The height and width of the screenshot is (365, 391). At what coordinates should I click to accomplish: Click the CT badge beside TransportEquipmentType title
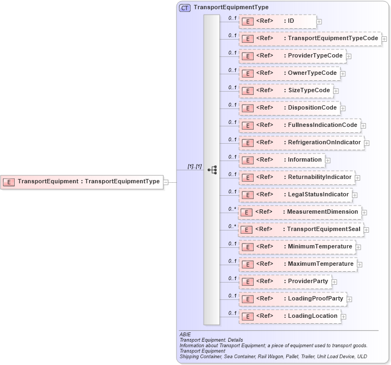(185, 8)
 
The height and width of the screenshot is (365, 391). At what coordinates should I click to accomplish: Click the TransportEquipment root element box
(81, 182)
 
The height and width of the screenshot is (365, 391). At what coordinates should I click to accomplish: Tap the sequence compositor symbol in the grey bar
(212, 170)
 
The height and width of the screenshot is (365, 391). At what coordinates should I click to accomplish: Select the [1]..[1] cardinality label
(194, 167)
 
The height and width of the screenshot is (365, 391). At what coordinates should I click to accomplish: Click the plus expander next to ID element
(319, 22)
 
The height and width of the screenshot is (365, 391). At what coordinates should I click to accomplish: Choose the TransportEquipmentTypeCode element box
(310, 39)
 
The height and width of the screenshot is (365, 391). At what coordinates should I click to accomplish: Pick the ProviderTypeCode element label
(315, 55)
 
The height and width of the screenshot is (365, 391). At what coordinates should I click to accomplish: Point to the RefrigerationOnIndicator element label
(324, 142)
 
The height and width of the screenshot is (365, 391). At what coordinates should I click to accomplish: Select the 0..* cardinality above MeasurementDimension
(232, 209)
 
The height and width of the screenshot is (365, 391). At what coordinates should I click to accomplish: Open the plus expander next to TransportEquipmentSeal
(367, 230)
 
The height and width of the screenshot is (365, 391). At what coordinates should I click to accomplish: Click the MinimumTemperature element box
(296, 247)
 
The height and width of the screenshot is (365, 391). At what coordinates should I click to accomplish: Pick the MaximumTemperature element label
(320, 264)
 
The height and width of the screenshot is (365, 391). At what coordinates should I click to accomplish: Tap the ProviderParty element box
(285, 281)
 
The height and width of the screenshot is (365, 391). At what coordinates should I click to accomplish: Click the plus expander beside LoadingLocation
(344, 317)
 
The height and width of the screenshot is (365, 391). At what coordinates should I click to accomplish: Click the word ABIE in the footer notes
(185, 335)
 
